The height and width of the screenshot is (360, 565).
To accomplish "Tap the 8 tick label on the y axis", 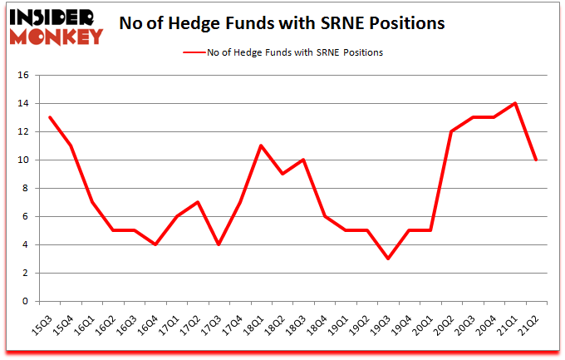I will pos(26,189).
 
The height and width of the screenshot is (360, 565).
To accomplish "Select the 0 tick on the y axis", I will pos(26,302).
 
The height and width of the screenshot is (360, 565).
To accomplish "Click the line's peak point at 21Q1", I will pos(516,104).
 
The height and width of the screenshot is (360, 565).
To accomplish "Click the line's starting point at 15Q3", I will pos(51,117).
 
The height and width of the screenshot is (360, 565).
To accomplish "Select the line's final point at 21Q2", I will pos(537,160).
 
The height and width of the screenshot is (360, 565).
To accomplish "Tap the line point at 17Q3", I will pos(220,244).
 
